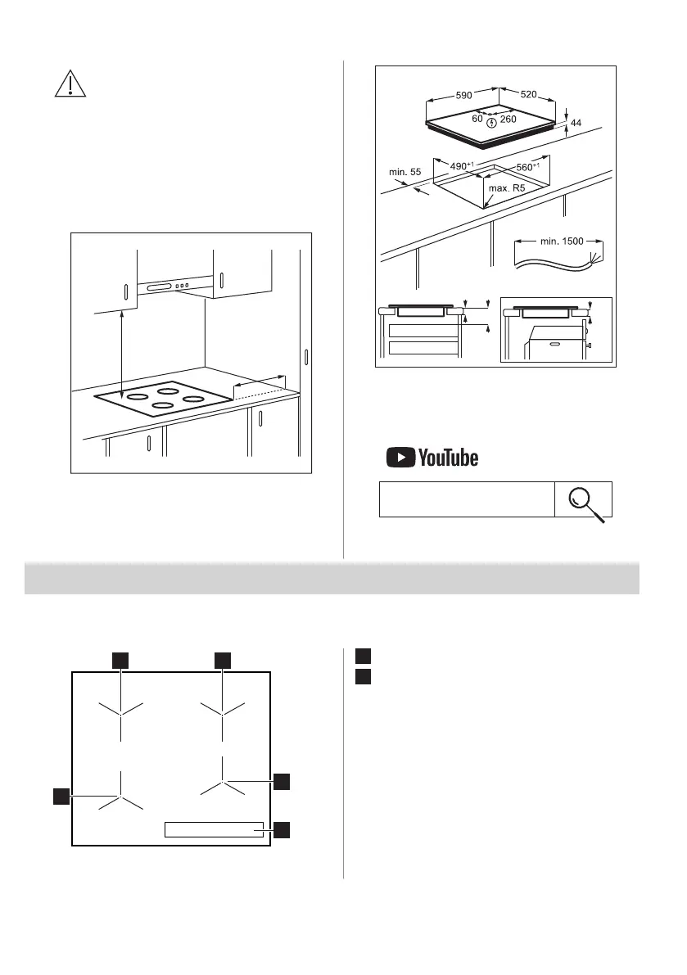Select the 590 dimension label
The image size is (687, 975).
463,95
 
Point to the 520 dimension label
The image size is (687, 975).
527,95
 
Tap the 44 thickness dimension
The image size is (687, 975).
576,122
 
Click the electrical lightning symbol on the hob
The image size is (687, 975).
490,123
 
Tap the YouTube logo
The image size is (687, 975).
432,458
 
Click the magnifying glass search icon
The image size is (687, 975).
584,499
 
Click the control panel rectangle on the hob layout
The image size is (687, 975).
214,829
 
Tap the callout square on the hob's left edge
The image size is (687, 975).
61,796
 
